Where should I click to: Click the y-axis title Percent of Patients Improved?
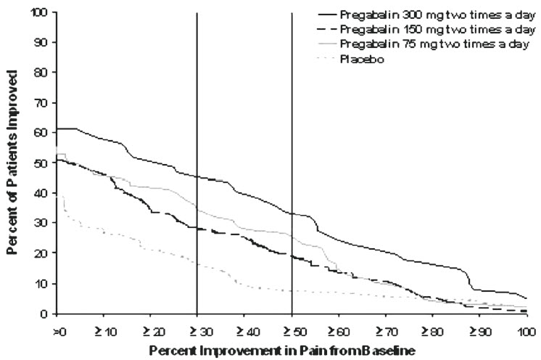[x=13, y=163]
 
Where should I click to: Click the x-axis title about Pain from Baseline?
[x=290, y=350]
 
